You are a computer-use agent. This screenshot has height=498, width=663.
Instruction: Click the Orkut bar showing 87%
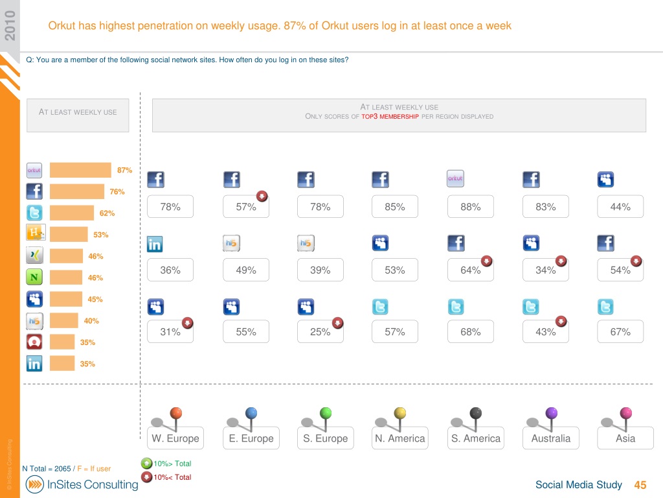click(x=80, y=170)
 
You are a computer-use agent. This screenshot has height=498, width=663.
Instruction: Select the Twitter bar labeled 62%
click(x=72, y=213)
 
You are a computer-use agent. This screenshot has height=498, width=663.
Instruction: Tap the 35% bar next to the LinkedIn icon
click(x=62, y=363)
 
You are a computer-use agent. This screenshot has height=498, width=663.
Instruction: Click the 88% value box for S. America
click(x=471, y=207)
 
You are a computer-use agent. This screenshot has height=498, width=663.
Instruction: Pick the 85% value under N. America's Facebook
click(x=395, y=207)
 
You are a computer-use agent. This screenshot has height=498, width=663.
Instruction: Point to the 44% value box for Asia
click(x=620, y=207)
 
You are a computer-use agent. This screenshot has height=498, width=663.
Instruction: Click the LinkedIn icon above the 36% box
click(x=155, y=244)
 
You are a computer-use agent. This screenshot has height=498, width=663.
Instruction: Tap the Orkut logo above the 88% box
click(x=456, y=178)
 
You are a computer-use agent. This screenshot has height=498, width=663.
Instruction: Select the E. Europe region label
click(x=251, y=438)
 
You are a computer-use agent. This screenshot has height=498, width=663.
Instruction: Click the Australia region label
click(x=551, y=438)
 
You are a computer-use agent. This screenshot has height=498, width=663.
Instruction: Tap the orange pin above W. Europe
click(x=175, y=413)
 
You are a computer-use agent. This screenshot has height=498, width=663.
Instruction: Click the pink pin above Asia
click(x=625, y=413)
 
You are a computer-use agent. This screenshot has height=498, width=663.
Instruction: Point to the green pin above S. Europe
click(x=326, y=413)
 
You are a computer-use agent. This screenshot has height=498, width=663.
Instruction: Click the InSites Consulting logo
click(x=82, y=484)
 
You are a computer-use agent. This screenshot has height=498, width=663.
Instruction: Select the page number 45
click(x=640, y=485)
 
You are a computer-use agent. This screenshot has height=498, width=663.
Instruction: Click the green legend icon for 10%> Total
click(x=147, y=464)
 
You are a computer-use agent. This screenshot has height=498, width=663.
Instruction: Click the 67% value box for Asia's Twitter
click(x=620, y=331)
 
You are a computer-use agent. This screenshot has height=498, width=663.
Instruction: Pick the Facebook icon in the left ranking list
click(x=34, y=191)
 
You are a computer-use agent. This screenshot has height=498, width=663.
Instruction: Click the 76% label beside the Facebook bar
click(x=117, y=192)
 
